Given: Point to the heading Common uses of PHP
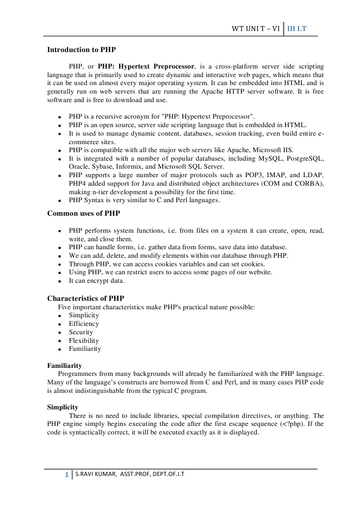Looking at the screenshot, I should [x=84, y=213].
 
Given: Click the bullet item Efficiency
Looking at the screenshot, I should [x=84, y=324].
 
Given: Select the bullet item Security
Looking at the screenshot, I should [x=81, y=332].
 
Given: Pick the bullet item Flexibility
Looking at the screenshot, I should [x=84, y=341].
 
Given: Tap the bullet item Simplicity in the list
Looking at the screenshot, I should [x=84, y=315].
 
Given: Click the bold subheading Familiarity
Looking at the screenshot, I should [x=65, y=366].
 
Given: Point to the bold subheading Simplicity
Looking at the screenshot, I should [x=63, y=407].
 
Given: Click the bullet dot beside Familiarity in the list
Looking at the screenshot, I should [x=60, y=349].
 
